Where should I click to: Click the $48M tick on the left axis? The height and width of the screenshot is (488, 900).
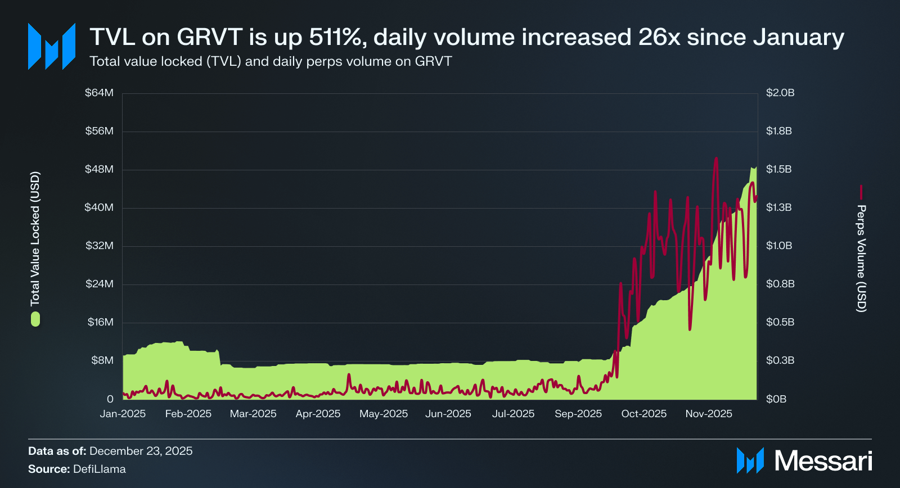pos(99,169)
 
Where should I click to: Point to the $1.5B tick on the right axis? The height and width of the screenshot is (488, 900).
pos(778,169)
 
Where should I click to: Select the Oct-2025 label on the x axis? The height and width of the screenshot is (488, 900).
pos(643,414)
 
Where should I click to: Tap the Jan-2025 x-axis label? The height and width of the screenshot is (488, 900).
pos(123,414)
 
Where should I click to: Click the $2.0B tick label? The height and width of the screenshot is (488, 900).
pos(780,93)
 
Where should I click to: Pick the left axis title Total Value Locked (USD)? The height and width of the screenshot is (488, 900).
pos(35,238)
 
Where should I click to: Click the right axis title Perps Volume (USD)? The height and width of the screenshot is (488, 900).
pos(861,258)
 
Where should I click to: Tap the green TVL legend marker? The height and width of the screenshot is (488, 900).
pos(35,320)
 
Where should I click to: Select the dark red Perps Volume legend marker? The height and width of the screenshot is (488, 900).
pos(861,192)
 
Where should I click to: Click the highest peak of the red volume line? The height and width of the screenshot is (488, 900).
pos(716,159)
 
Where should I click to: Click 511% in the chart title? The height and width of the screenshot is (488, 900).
pos(336,37)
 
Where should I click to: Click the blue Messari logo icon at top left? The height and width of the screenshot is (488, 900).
pos(52,47)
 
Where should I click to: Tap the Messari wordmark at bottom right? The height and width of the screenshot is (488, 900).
pos(823,461)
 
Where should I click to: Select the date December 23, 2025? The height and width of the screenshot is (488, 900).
pos(141,451)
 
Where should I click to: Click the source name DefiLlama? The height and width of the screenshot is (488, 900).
pos(100,469)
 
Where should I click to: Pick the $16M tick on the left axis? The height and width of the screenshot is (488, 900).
pos(100,322)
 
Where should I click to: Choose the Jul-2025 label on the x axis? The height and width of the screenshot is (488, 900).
pos(513,414)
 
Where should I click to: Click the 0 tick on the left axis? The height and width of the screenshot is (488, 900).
pos(110,399)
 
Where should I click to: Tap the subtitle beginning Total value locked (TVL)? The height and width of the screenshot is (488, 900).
pos(271,61)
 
